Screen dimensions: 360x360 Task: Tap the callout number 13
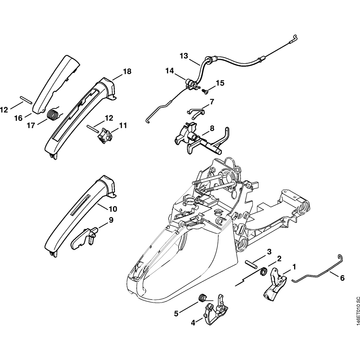coord(184,56)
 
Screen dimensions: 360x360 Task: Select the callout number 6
coord(342,278)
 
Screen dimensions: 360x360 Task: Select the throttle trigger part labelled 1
coord(275,285)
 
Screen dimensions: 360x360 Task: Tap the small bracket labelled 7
coord(196,111)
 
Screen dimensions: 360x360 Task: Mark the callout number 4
coord(193,323)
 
